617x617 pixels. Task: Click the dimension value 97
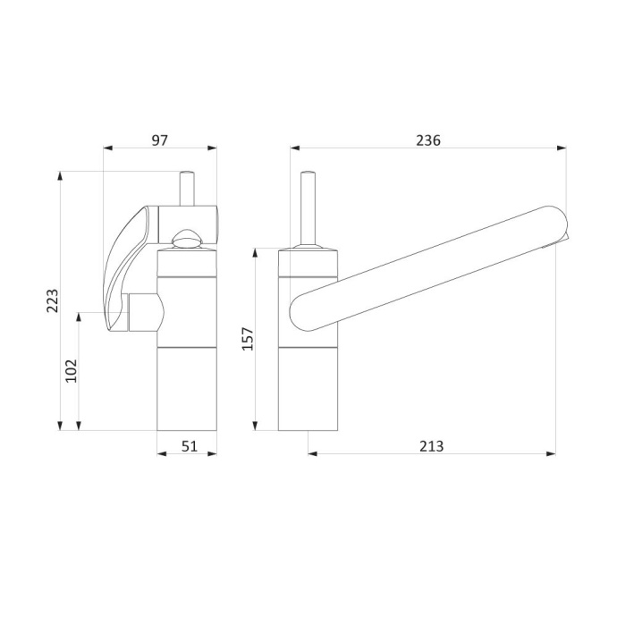[x=160, y=140]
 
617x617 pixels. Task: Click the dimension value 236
[x=428, y=140]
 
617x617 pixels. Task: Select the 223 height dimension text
[x=53, y=300]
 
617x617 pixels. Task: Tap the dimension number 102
[x=72, y=371]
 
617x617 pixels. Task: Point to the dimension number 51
[x=190, y=446]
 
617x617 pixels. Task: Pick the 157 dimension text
[x=248, y=338]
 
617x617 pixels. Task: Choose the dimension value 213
[x=431, y=446]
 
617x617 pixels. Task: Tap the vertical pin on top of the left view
[x=187, y=188]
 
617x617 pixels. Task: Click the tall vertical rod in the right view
[x=308, y=208]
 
